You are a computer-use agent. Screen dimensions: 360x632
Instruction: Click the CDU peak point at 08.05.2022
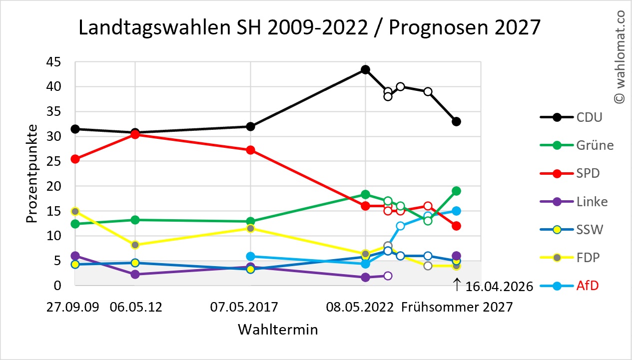point(365,70)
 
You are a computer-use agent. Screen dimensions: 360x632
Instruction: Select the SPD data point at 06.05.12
point(135,134)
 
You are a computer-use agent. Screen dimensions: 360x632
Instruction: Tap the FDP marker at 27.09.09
point(75,211)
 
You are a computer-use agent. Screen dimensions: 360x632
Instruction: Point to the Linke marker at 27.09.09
point(75,256)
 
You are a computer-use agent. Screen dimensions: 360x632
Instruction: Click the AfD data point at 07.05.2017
point(250,257)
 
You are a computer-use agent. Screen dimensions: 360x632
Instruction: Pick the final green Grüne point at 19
point(456,191)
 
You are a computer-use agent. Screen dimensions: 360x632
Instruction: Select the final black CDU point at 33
point(456,121)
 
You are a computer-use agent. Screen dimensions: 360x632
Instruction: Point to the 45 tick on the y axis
point(53,62)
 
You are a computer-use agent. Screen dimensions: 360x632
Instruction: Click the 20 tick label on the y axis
point(53,186)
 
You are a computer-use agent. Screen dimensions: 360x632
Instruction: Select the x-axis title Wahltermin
point(278,330)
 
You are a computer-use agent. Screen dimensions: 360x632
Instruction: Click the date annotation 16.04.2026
point(499,286)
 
